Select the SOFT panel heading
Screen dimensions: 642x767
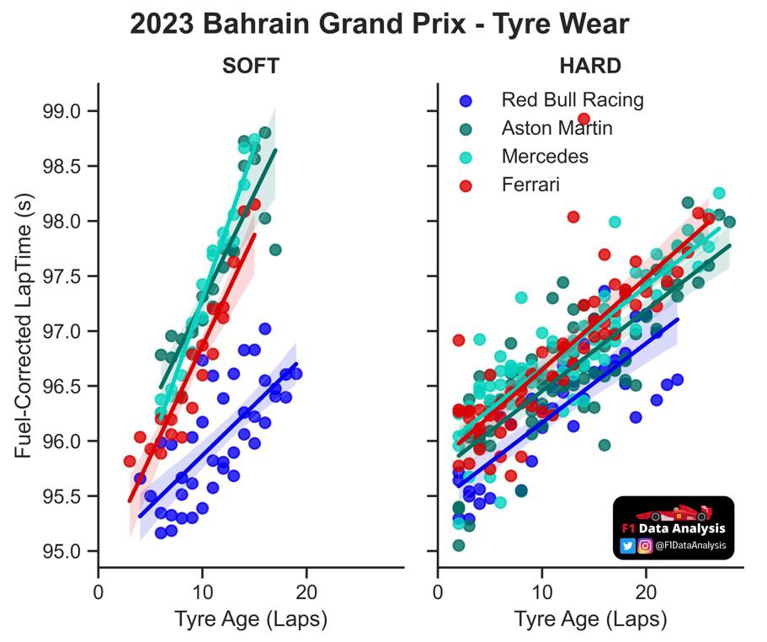[x=251, y=67]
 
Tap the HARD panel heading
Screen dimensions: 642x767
[x=589, y=67]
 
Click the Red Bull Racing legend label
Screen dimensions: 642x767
[x=573, y=100]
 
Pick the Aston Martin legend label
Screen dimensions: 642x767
[x=557, y=128]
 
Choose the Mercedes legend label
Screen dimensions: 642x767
[x=545, y=156]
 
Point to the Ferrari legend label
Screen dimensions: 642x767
[x=530, y=184]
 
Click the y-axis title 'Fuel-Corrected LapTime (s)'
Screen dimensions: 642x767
[x=24, y=331]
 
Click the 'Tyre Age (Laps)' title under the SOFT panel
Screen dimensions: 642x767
[x=251, y=620]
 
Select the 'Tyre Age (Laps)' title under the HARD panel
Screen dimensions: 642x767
[x=591, y=620]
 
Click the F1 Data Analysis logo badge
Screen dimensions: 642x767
[x=674, y=527]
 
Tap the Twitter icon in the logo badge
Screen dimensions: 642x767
[x=627, y=546]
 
